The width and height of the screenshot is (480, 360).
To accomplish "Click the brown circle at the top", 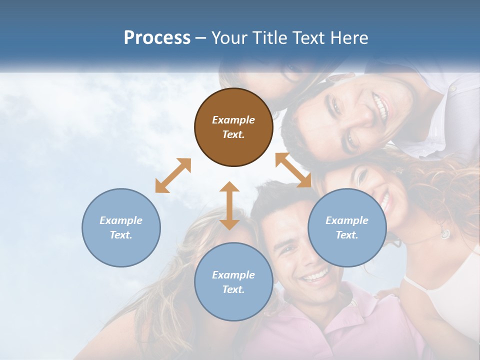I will (233, 127).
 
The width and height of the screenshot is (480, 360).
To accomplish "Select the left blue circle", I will (121, 227).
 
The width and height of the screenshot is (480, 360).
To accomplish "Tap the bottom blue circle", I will (233, 282).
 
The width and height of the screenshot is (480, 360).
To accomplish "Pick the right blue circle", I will (346, 227).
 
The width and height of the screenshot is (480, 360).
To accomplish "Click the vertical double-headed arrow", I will (229, 205).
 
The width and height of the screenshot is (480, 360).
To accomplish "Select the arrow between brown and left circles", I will (173, 175).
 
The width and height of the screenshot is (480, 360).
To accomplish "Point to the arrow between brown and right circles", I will (293, 170).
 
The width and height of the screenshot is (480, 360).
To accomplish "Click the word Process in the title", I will (157, 38).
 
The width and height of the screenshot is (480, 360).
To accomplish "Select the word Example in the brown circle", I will (233, 120).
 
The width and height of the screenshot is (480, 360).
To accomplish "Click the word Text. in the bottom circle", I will (233, 289).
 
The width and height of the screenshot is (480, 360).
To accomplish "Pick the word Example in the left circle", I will (121, 220).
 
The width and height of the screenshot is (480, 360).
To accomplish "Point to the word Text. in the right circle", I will (346, 235).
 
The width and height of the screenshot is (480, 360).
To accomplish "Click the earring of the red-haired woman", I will (444, 233).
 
